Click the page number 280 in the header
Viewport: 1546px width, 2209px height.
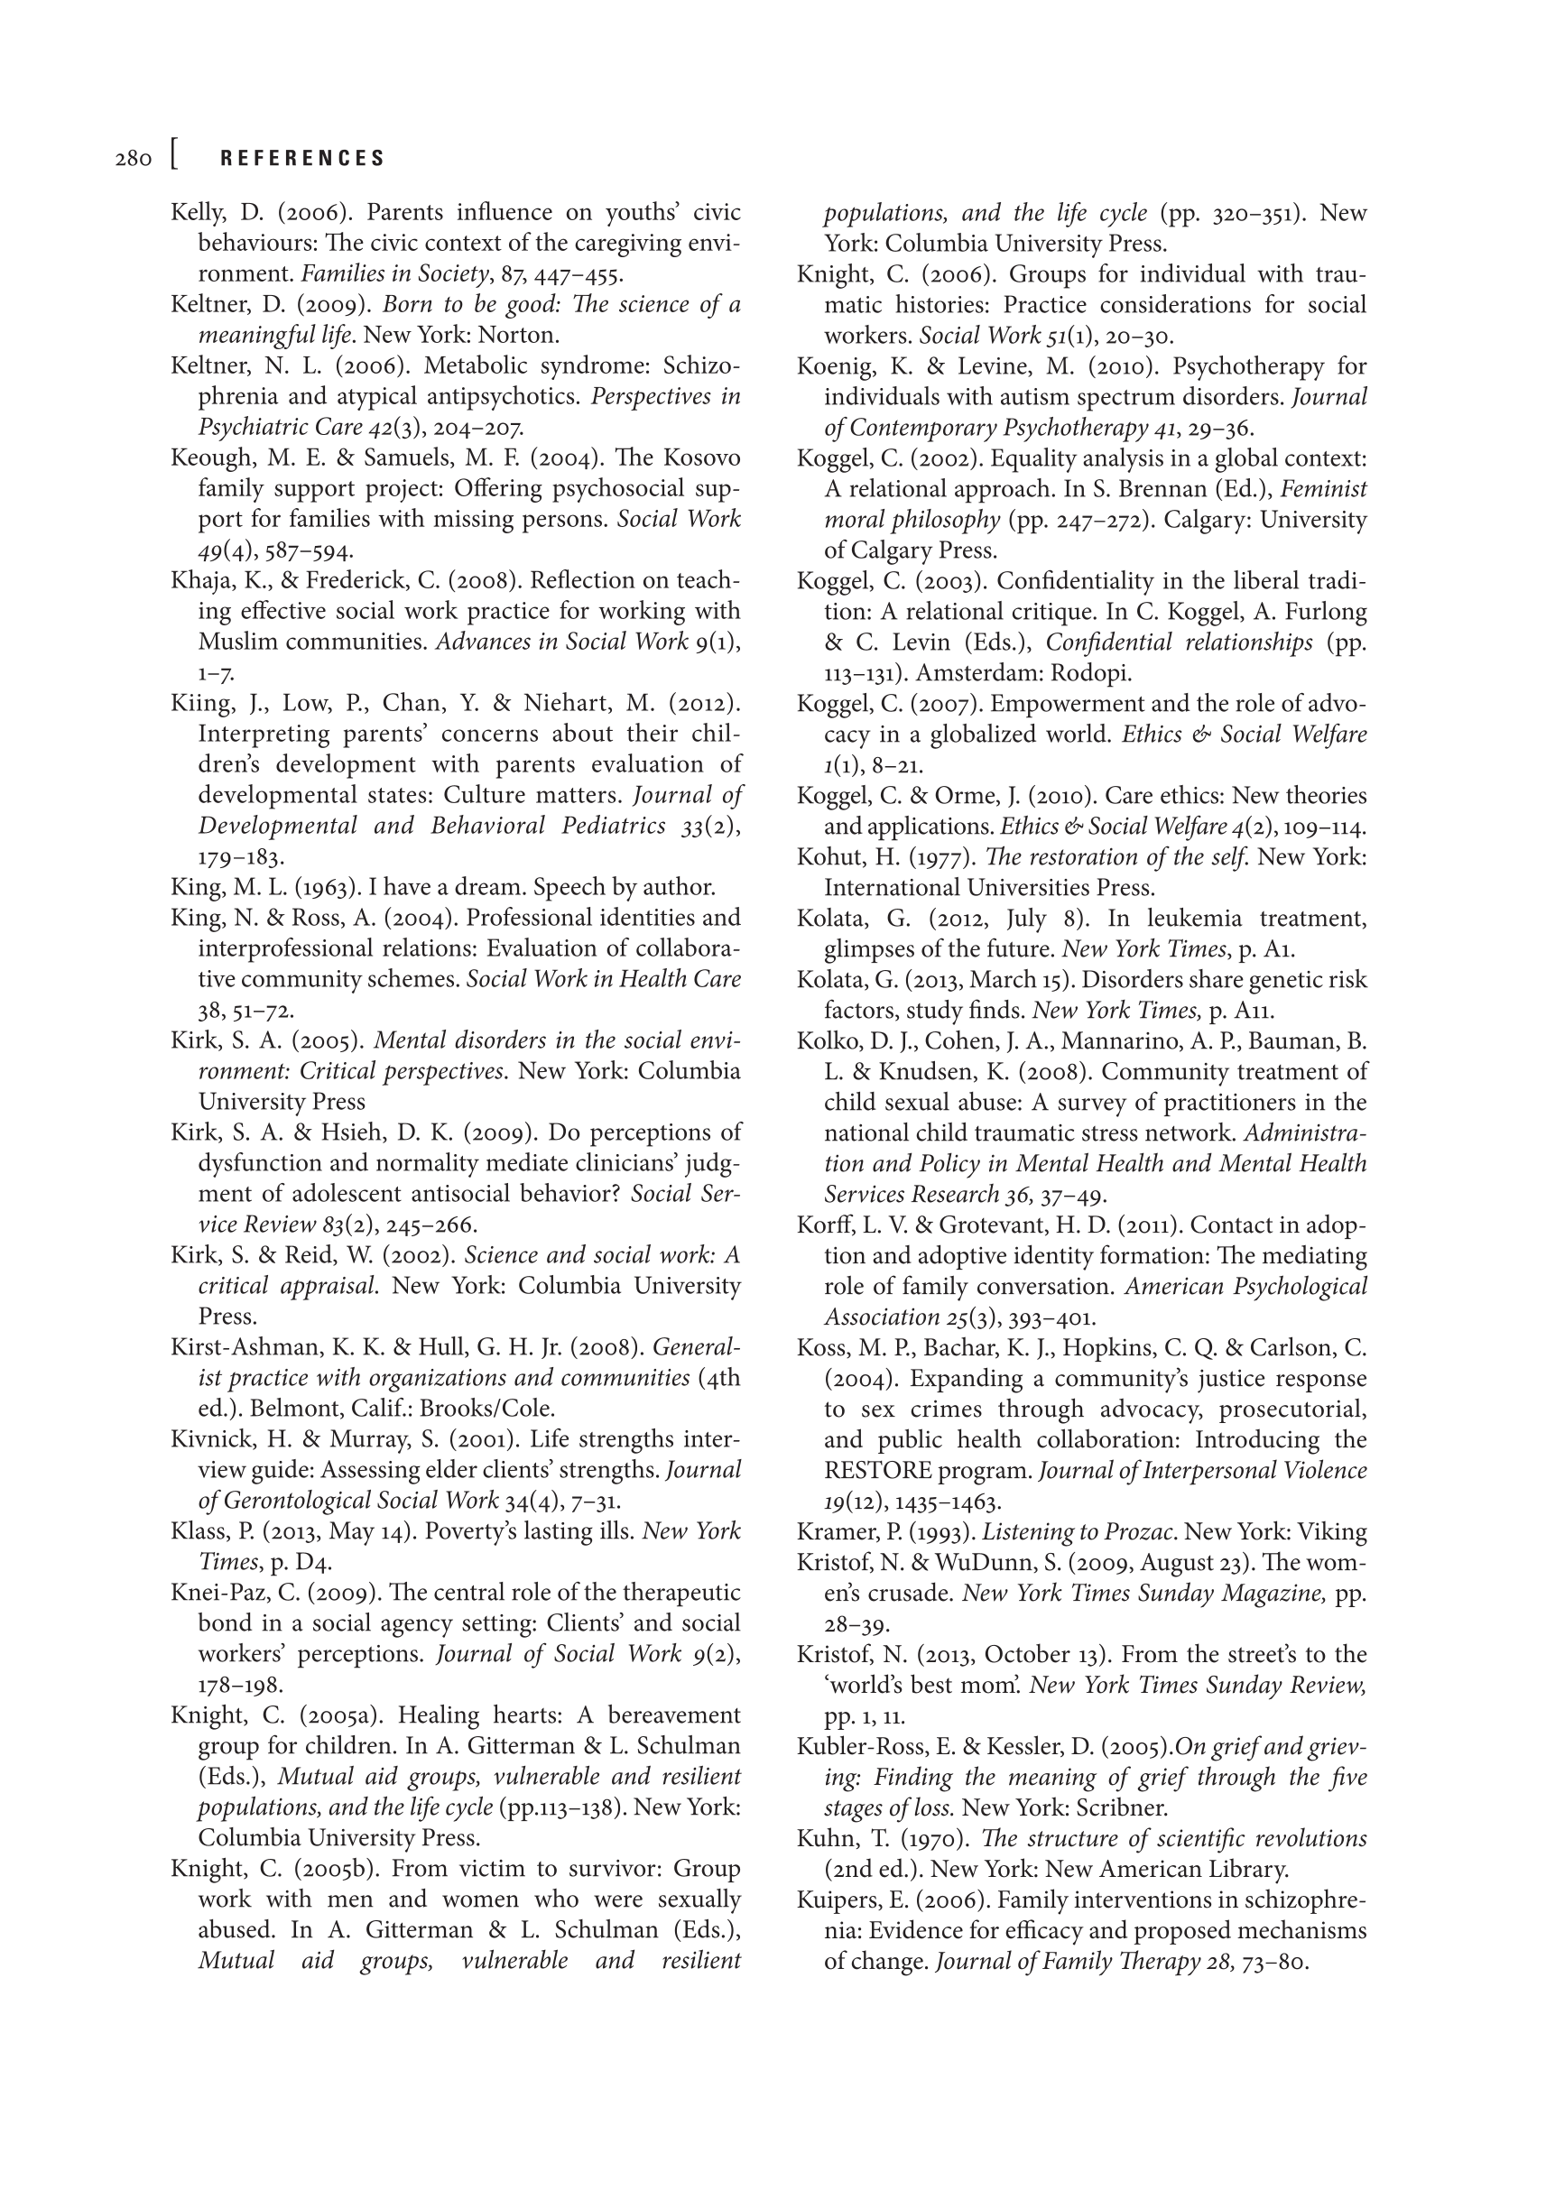pos(133,159)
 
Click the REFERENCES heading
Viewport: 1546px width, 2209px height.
pos(303,159)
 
